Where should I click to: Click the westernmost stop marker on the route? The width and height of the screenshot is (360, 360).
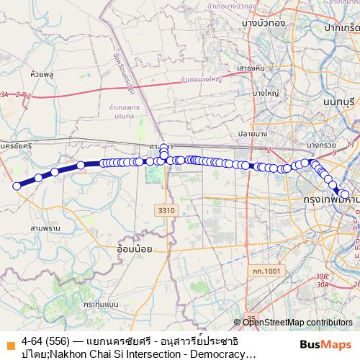click(17, 186)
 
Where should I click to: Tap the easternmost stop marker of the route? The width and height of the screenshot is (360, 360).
click(345, 194)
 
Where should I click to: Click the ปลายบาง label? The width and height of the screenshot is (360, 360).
click(253, 133)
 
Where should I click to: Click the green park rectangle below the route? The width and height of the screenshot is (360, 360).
click(153, 173)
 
